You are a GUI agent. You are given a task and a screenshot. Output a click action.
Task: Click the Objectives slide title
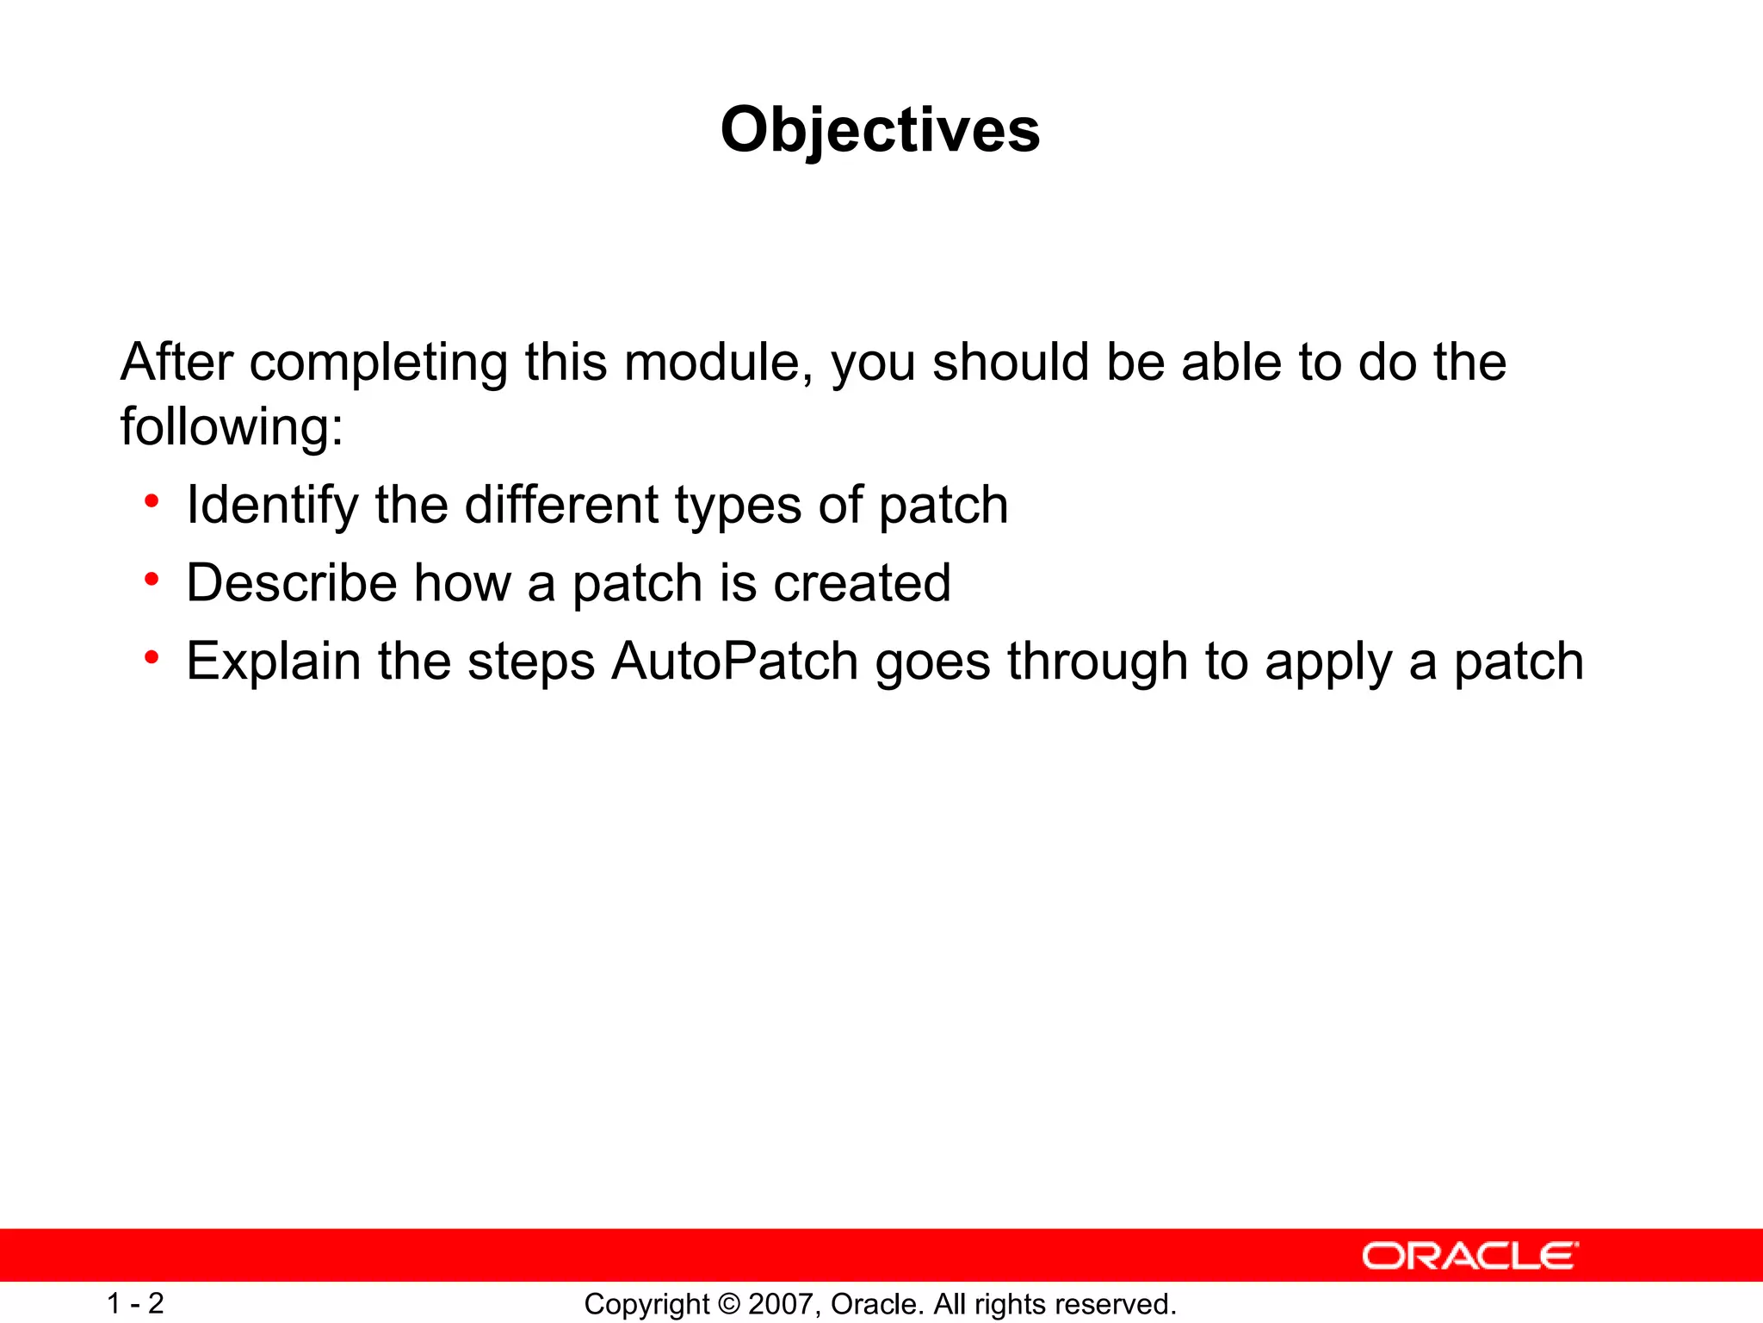click(x=880, y=130)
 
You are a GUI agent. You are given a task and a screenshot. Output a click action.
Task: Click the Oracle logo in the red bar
click(x=1470, y=1256)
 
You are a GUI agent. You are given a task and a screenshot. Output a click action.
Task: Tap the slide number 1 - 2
click(x=135, y=1303)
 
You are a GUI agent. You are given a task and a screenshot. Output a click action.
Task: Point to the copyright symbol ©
click(x=728, y=1304)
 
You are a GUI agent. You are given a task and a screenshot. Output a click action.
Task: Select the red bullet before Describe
click(x=152, y=580)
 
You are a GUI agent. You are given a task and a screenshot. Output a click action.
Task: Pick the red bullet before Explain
click(x=152, y=658)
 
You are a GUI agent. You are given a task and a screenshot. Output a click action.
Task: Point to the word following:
click(x=232, y=426)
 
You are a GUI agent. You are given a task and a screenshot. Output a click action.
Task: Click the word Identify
click(x=272, y=506)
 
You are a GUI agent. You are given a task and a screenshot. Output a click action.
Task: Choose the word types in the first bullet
click(x=738, y=506)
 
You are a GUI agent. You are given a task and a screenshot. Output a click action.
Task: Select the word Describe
click(x=291, y=583)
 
